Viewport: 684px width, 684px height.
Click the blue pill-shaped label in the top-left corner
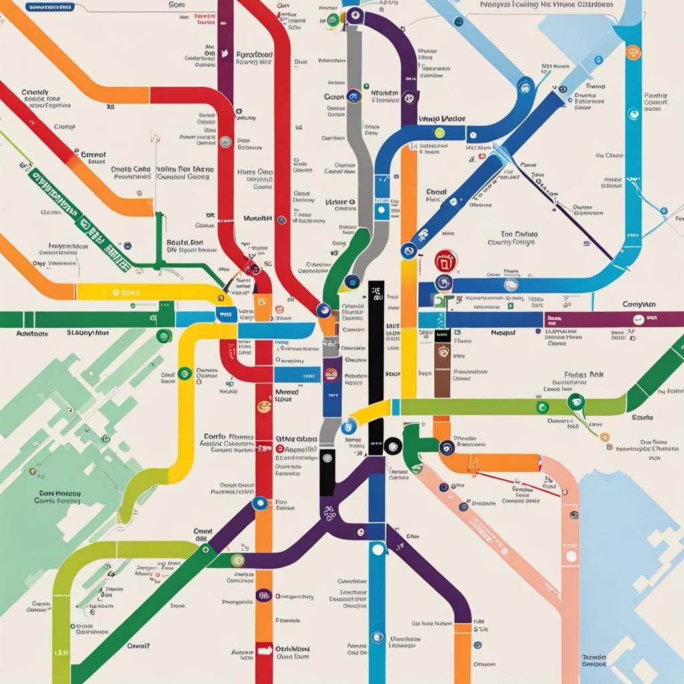48,8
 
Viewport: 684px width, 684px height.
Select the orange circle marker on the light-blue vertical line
631,52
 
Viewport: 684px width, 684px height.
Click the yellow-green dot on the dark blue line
440,132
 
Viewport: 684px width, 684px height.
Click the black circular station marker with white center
393,444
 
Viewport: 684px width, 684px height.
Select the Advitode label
31,332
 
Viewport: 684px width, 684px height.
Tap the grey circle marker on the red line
226,141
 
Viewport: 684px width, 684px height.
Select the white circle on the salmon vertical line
570,555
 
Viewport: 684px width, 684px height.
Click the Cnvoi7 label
138,646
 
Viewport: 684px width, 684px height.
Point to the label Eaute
641,417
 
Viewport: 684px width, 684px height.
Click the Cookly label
35,93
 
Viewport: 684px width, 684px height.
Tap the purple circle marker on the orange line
263,594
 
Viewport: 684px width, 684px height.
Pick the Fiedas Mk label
584,375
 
